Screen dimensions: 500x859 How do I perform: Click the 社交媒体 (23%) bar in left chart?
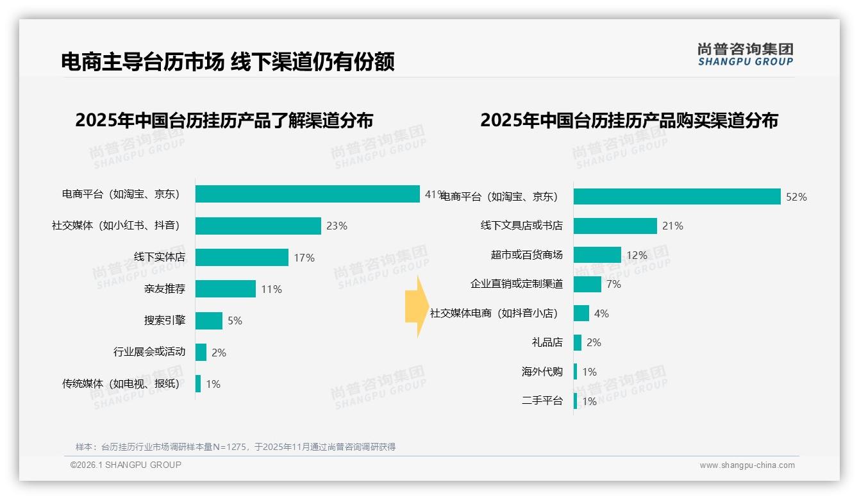258,226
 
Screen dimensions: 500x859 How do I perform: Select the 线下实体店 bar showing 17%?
242,257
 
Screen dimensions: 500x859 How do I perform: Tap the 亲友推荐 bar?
225,289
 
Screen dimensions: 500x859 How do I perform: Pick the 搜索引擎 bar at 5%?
208,321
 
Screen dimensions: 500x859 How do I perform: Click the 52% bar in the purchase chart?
676,197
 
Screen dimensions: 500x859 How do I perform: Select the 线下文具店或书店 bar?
615,226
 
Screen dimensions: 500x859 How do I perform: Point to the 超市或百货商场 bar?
597,255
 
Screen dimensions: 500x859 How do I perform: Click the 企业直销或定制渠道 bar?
587,284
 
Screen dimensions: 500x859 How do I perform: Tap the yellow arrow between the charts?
415,306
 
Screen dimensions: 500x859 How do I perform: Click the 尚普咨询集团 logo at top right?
745,54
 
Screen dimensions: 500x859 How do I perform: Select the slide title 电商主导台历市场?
228,62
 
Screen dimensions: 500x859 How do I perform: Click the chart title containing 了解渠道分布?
224,120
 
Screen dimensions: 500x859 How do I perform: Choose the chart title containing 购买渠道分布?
629,120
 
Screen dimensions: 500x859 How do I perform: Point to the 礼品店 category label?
547,342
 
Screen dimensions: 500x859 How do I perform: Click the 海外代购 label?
542,372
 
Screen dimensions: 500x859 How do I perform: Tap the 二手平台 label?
542,401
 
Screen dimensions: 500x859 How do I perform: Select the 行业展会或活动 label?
149,352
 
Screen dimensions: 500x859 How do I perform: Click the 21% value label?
673,226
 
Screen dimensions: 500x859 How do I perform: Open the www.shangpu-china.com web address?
747,465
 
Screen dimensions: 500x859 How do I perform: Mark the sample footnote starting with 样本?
235,447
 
